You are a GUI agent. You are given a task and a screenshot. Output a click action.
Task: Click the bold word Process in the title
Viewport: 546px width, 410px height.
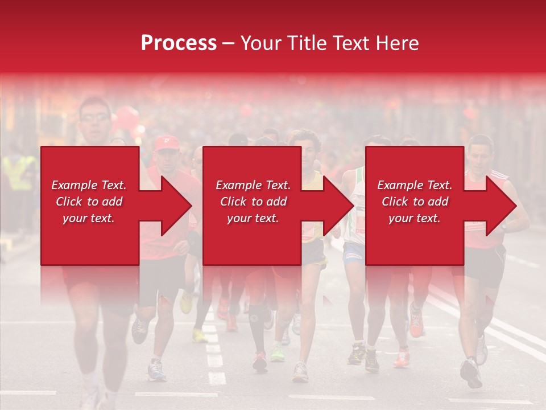pyautogui.click(x=179, y=43)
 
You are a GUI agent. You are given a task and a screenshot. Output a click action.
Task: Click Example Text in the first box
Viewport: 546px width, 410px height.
pyautogui.click(x=89, y=185)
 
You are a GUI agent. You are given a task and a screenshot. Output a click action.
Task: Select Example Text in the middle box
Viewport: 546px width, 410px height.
pyautogui.click(x=253, y=185)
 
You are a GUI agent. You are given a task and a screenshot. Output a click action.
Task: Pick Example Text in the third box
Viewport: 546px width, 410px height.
pyautogui.click(x=415, y=185)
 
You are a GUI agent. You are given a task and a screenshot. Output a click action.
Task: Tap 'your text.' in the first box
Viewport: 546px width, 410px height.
pyautogui.click(x=89, y=218)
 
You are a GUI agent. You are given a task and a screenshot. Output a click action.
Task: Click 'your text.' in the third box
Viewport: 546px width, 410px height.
pyautogui.click(x=415, y=218)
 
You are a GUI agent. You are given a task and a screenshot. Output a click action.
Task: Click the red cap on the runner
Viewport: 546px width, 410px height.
pyautogui.click(x=166, y=143)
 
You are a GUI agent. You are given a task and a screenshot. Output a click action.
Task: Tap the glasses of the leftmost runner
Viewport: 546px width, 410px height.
pyautogui.click(x=94, y=117)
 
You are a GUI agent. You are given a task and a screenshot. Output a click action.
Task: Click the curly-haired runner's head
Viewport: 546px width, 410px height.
pyautogui.click(x=304, y=142)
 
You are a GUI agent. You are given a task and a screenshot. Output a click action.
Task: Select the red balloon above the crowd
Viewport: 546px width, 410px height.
pyautogui.click(x=128, y=118)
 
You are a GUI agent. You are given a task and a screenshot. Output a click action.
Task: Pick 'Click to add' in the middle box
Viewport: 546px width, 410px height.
pyautogui.click(x=253, y=202)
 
